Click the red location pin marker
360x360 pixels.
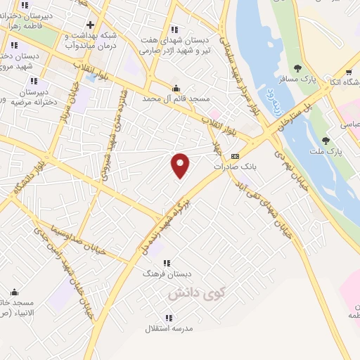(x=181, y=165)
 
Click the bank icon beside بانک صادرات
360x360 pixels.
(x=235, y=157)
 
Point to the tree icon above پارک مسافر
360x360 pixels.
(x=297, y=68)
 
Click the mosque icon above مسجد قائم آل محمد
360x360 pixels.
(x=176, y=89)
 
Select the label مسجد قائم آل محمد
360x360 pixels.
(x=176, y=99)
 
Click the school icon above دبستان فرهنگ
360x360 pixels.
(x=167, y=262)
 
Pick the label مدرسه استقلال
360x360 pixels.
(x=169, y=328)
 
